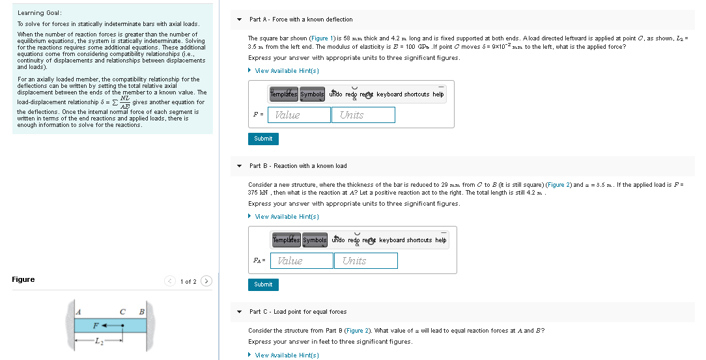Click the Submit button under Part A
[x=263, y=139]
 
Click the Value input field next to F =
[x=299, y=115]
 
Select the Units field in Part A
[x=363, y=115]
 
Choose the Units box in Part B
[x=365, y=261]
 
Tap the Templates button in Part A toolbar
[x=283, y=94]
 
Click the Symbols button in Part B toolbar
[x=315, y=240]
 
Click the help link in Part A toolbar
[x=438, y=94]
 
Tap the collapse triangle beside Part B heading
[x=240, y=166]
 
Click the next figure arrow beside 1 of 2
[x=206, y=281]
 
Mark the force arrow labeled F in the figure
[x=111, y=324]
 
